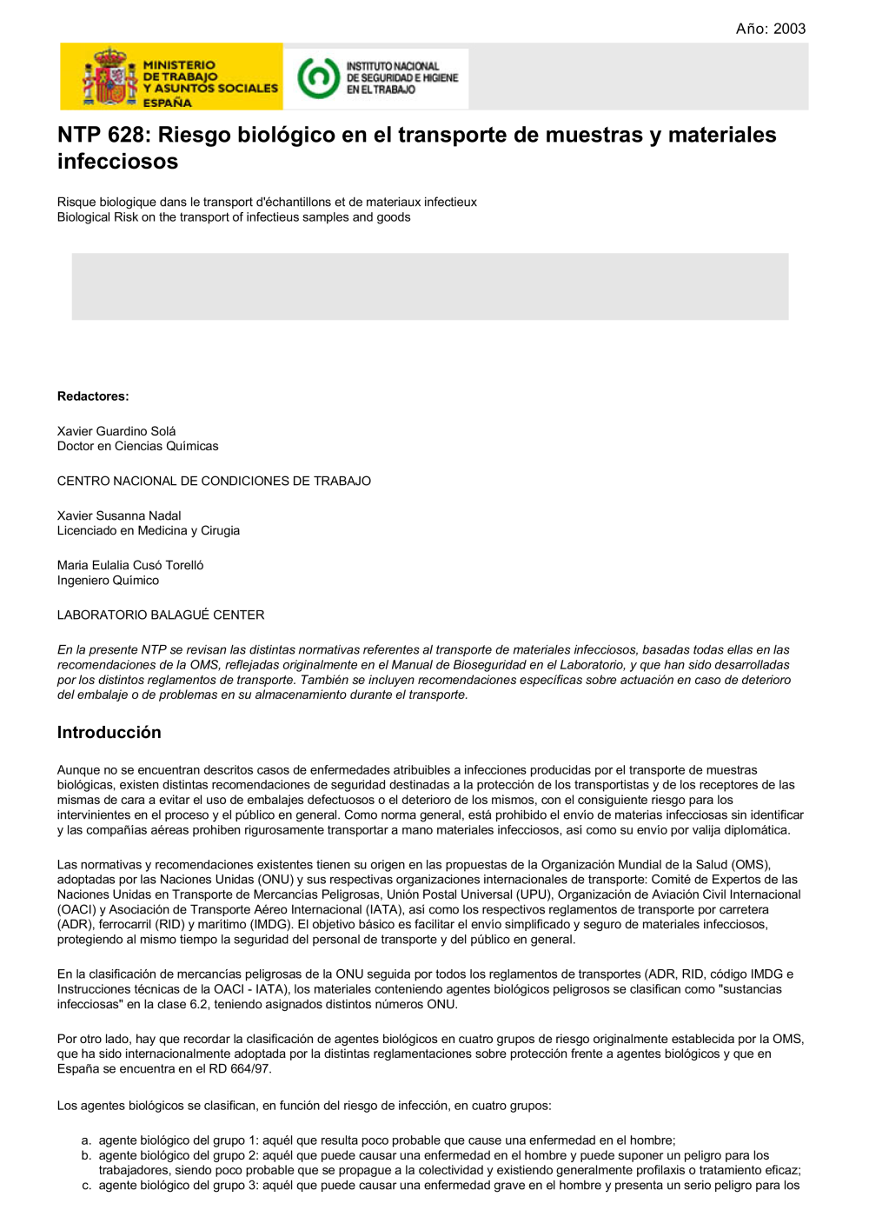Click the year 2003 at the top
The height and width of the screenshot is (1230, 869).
coord(789,29)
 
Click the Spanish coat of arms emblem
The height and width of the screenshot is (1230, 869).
coord(109,77)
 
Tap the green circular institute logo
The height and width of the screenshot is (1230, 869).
coord(317,77)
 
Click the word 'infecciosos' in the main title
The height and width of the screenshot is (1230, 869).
coord(117,162)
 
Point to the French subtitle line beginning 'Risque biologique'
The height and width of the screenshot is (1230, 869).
coord(267,202)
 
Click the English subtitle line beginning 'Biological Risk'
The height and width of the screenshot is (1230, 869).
coord(234,217)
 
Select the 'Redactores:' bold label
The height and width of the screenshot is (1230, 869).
coord(93,396)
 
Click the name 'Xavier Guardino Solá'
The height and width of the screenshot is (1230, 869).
coord(116,431)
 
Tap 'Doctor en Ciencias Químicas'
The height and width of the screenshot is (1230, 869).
coord(137,446)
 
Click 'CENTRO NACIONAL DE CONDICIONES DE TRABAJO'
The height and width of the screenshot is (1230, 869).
coord(214,481)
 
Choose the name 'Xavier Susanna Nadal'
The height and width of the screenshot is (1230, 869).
coord(119,515)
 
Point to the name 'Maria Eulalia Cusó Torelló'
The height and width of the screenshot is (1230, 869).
coord(130,565)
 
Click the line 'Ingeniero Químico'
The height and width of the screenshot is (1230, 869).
coord(108,580)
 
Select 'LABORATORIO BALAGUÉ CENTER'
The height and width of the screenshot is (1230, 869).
coord(161,615)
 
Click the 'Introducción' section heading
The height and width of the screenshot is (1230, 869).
coord(109,732)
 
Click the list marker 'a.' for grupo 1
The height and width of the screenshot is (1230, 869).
coord(86,1140)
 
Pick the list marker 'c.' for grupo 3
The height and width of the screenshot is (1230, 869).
coord(86,1185)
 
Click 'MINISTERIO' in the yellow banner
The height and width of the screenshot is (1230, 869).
coord(179,65)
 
